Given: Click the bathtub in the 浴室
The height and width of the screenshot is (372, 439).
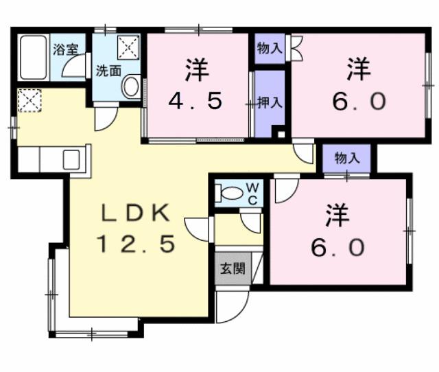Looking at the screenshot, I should point(34,58).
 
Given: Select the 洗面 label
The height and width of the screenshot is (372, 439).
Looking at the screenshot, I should point(108,70).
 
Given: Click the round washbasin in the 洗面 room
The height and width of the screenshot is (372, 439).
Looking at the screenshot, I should point(130,86).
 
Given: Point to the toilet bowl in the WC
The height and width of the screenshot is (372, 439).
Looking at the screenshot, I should point(231,194).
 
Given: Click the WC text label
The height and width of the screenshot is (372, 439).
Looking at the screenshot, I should point(252,193).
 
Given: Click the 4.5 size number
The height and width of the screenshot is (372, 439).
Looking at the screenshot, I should point(196,102).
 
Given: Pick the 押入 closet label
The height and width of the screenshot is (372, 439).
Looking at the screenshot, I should point(270,103).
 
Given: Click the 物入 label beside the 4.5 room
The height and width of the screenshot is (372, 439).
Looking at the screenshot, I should point(269,48).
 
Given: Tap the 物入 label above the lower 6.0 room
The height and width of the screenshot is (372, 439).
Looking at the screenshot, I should point(347,158).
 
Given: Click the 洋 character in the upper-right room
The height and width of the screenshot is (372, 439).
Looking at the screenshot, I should point(358,69).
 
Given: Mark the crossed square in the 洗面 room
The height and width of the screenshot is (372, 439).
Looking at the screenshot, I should point(128,47).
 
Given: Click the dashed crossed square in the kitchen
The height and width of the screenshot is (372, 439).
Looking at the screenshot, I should point(29,101).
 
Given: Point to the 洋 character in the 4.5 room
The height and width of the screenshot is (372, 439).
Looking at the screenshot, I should point(197,69).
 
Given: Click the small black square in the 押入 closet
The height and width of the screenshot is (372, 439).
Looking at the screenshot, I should point(278,132).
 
